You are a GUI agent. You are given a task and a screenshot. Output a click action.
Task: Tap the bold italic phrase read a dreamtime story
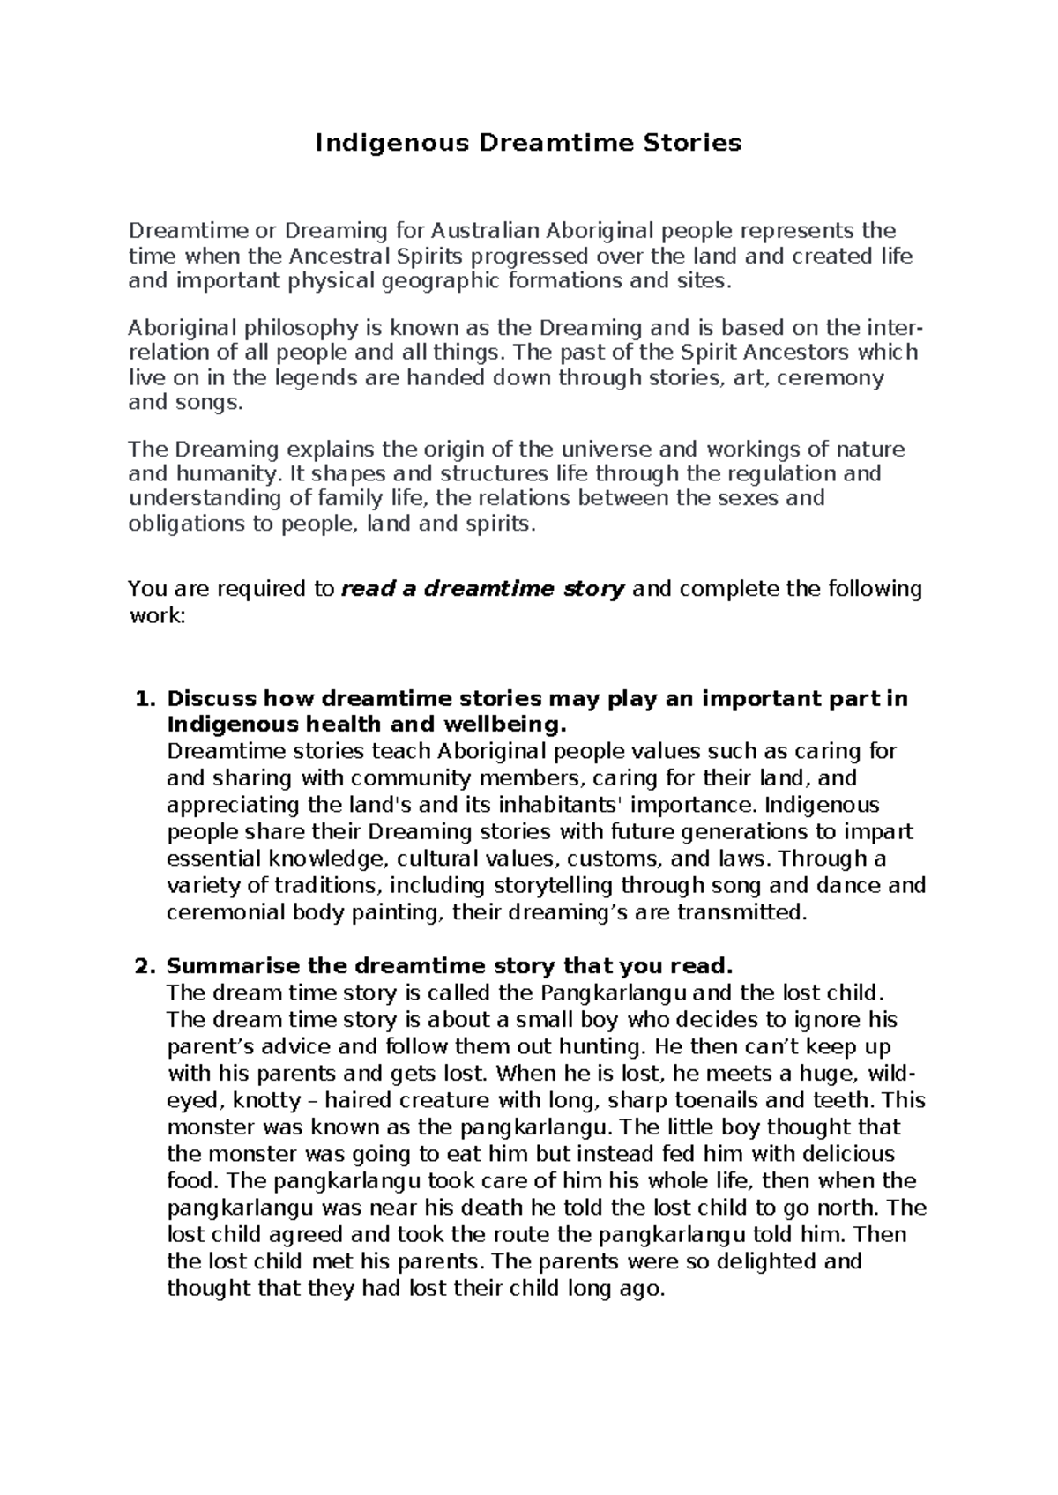[482, 589]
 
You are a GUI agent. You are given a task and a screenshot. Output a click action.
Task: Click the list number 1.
[145, 699]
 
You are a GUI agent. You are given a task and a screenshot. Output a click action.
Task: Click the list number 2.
[145, 966]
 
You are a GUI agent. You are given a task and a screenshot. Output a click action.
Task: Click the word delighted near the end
[764, 1261]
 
